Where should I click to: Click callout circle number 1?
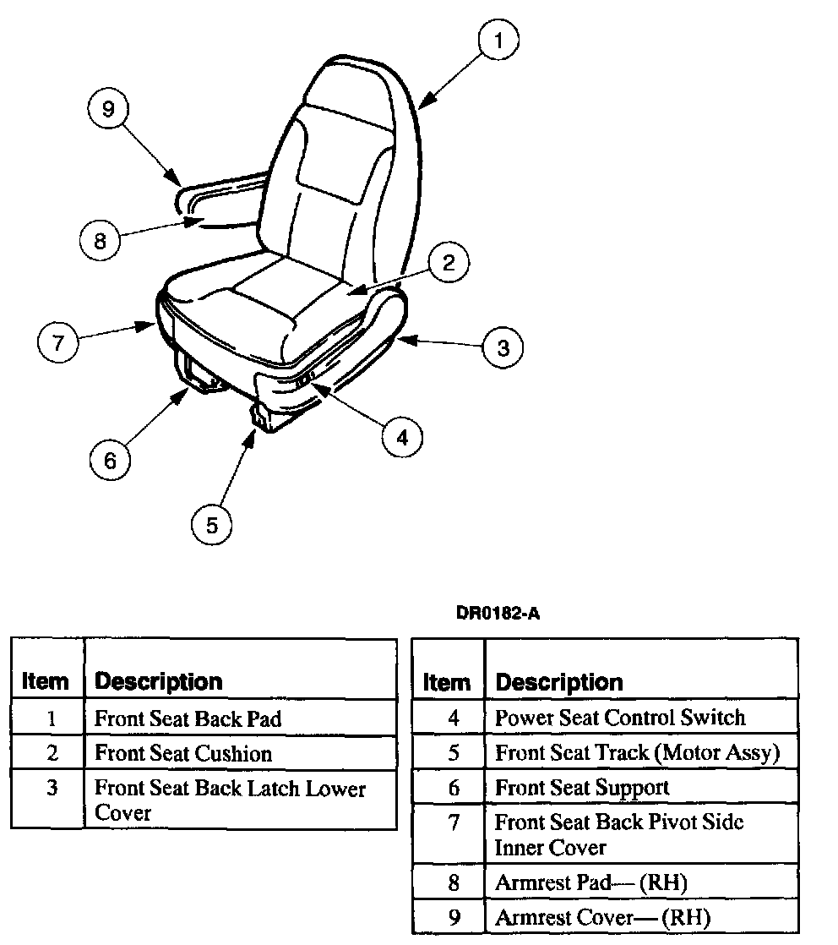pyautogui.click(x=498, y=41)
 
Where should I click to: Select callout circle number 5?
pyautogui.click(x=212, y=525)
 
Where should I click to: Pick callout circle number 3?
pyautogui.click(x=503, y=347)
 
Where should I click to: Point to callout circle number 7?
pyautogui.click(x=58, y=343)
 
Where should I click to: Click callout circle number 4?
pyautogui.click(x=401, y=437)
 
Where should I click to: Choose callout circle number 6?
pyautogui.click(x=111, y=461)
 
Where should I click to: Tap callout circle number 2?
pyautogui.click(x=448, y=262)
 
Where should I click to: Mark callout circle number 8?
pyautogui.click(x=101, y=242)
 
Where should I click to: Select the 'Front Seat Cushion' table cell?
pyautogui.click(x=183, y=753)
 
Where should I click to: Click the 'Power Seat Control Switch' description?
pyautogui.click(x=620, y=718)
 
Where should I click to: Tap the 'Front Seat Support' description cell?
pyautogui.click(x=582, y=788)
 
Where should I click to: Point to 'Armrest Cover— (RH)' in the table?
pyautogui.click(x=602, y=917)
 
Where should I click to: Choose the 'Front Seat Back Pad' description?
pyautogui.click(x=188, y=718)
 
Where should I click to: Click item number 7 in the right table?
pyautogui.click(x=454, y=822)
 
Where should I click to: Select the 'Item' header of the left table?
pyautogui.click(x=45, y=681)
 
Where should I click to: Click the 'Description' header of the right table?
pyautogui.click(x=559, y=682)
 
